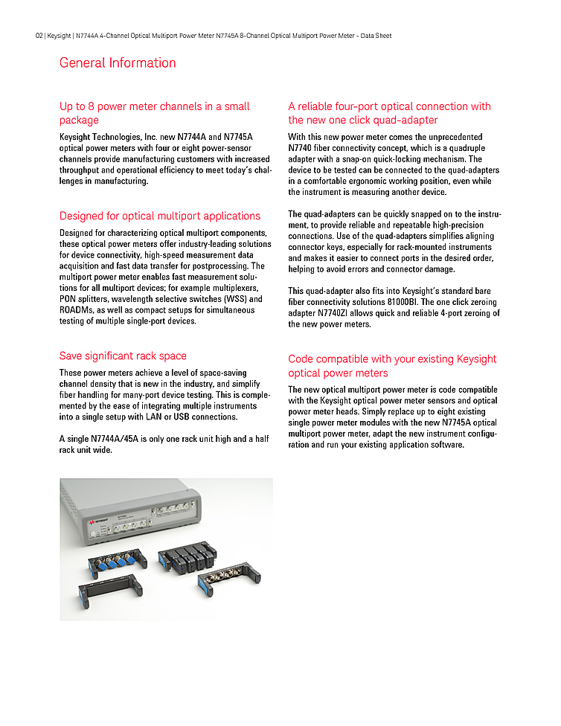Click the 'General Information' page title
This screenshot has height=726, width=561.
118,63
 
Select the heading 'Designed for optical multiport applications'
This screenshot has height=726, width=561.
160,216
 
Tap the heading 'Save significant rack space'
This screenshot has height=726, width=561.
123,356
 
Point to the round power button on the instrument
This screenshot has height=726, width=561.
97,538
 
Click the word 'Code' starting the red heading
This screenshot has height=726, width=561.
302,359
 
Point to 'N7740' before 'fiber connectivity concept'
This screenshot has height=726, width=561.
302,148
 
